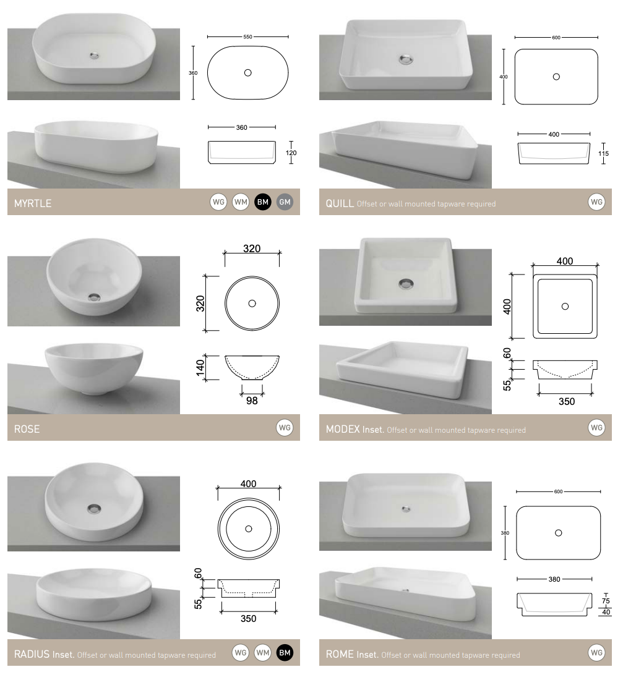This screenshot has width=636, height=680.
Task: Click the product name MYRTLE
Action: click(33, 203)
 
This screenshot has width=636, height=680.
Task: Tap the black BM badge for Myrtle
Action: click(263, 202)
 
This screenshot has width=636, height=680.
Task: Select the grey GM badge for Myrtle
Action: click(285, 202)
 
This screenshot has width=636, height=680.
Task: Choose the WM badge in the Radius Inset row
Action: click(263, 652)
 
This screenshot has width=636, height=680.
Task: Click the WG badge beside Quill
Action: click(596, 202)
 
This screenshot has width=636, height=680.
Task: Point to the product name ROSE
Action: click(27, 429)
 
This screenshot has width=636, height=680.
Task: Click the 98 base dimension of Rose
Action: click(252, 400)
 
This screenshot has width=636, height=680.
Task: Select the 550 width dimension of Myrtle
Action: click(247, 37)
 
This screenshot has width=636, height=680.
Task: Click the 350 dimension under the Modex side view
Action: click(566, 401)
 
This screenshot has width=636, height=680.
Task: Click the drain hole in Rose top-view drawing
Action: click(252, 304)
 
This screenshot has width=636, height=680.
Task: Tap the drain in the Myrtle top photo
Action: click(94, 56)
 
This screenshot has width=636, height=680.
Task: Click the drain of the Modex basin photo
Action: click(406, 284)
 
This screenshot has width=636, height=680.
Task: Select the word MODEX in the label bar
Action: click(343, 429)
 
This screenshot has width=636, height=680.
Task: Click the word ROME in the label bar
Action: click(340, 654)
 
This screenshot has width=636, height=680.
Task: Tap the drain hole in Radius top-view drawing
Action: click(248, 529)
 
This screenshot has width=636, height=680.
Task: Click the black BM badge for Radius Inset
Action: click(285, 652)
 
